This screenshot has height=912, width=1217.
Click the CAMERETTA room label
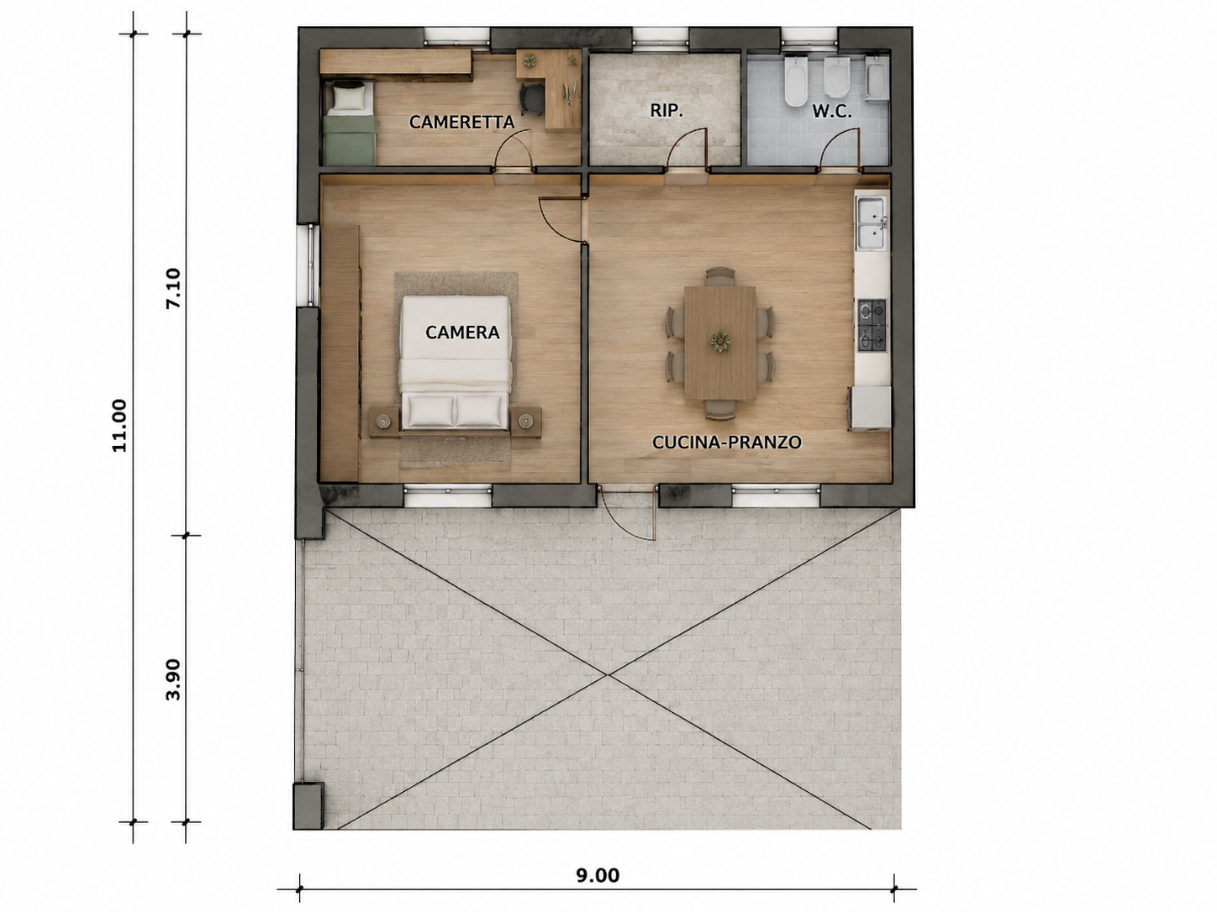[462, 122]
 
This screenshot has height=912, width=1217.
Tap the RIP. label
[666, 111]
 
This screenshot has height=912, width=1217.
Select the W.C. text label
[832, 112]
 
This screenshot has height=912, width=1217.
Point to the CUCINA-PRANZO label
[726, 442]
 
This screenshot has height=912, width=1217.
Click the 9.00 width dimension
[598, 875]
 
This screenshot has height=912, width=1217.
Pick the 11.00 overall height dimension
[119, 426]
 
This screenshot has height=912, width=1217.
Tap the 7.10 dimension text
[173, 289]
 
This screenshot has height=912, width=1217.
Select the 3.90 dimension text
[173, 679]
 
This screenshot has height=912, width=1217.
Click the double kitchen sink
[872, 223]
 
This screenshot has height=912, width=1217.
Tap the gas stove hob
[872, 326]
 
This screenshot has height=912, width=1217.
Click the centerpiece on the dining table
[719, 342]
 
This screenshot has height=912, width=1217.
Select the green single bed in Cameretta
[350, 123]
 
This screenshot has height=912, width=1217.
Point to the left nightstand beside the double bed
[383, 422]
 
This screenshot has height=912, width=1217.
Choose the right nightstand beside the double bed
[525, 422]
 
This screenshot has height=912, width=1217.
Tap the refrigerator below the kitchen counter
[871, 409]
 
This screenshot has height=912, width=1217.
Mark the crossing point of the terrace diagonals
[608, 674]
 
